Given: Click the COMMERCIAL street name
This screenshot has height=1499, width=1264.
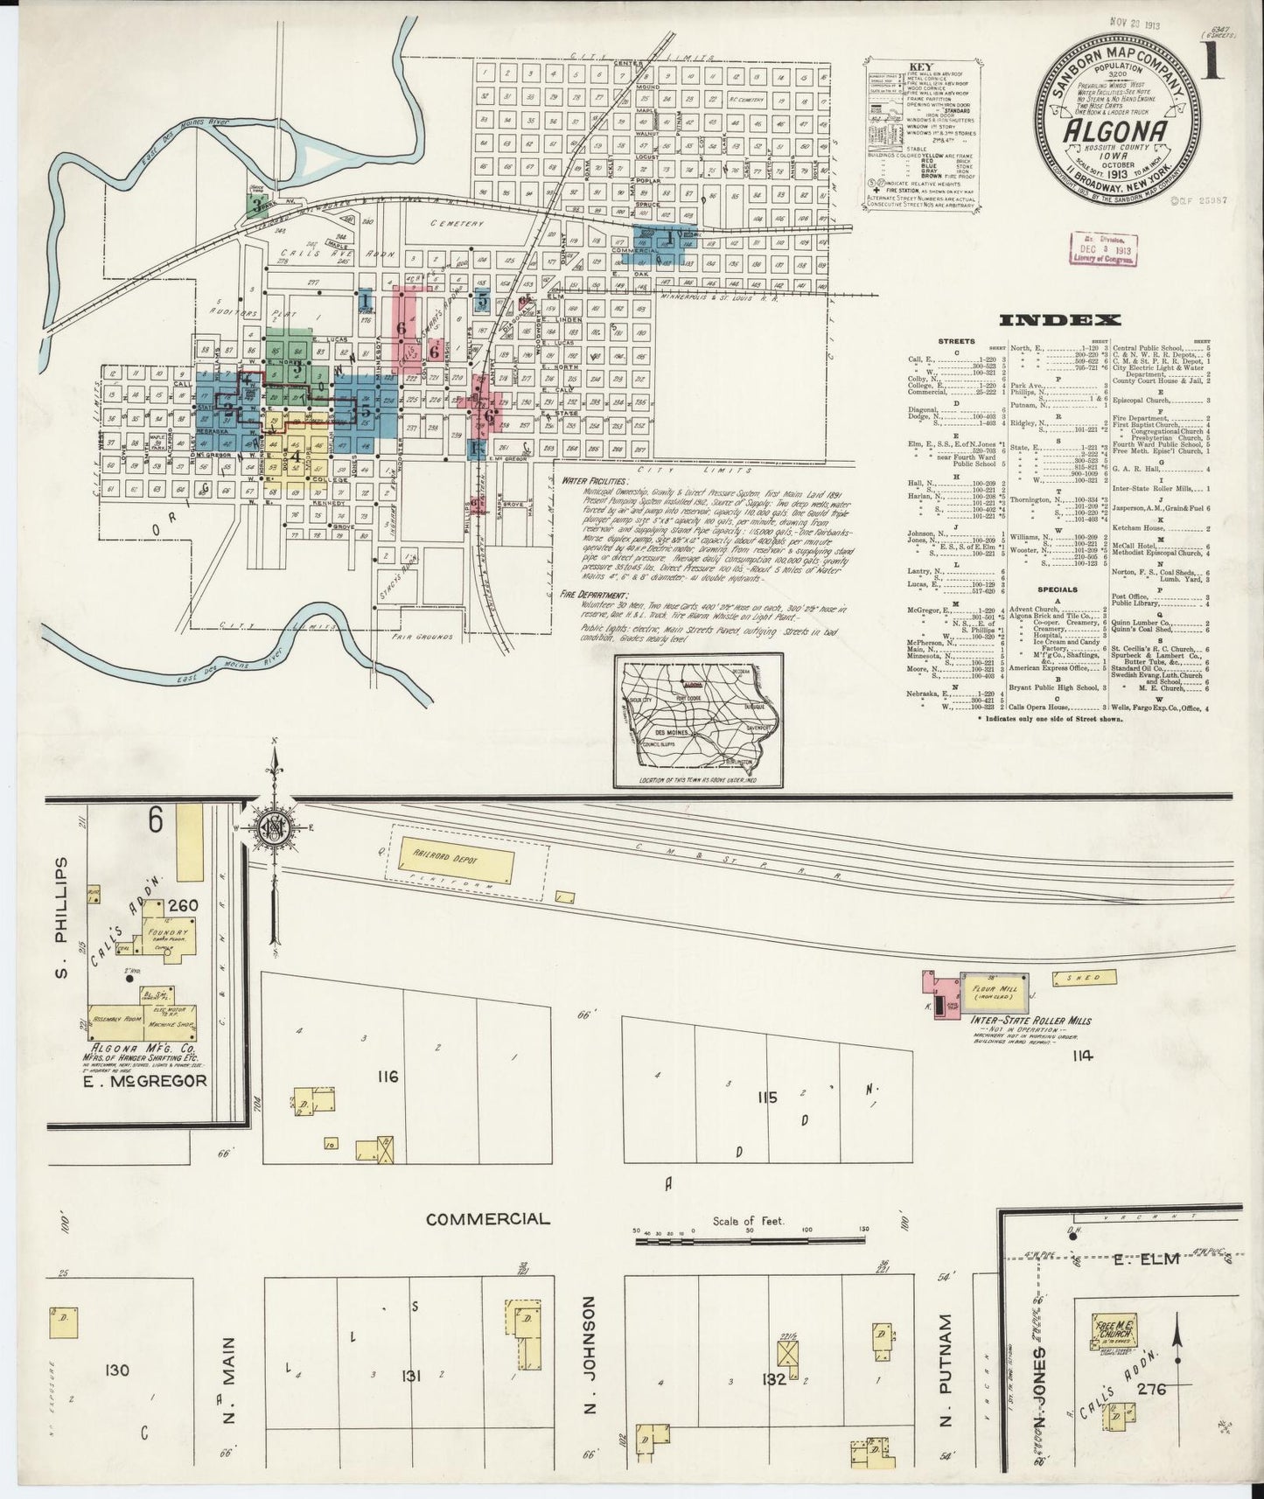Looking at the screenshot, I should tap(488, 1218).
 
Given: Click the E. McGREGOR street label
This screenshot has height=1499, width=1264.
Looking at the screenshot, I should tap(147, 1081).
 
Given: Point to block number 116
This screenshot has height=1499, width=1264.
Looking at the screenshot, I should tap(388, 1077).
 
